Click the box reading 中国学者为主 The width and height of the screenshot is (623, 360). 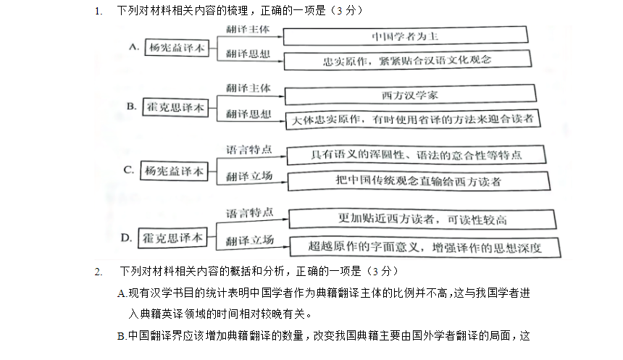(x=405, y=35)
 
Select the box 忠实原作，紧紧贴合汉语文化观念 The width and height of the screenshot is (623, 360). (x=408, y=60)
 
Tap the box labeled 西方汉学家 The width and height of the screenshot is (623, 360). (x=411, y=95)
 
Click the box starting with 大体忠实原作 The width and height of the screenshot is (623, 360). (x=413, y=120)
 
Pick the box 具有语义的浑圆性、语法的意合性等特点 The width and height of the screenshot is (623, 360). (x=417, y=154)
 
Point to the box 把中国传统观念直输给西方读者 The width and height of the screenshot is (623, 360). (x=419, y=181)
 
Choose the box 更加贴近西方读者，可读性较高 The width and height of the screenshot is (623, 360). (x=422, y=219)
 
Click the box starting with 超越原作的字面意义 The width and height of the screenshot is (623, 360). (x=425, y=247)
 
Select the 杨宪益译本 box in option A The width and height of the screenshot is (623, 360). (x=177, y=48)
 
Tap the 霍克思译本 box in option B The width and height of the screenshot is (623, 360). (x=175, y=107)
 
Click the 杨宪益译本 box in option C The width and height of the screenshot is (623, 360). (x=174, y=171)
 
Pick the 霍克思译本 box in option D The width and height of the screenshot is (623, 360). (x=172, y=238)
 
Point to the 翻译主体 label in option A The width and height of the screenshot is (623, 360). (x=248, y=29)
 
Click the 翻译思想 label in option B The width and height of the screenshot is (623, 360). (x=248, y=114)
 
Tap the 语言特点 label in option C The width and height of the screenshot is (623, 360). (x=249, y=150)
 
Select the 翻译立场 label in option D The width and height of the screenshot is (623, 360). (x=249, y=240)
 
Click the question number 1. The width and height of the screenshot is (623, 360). (x=99, y=11)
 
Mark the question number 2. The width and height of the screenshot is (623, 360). (x=99, y=272)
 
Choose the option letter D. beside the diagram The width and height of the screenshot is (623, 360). (x=126, y=238)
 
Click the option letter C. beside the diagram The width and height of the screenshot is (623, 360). (x=129, y=170)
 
